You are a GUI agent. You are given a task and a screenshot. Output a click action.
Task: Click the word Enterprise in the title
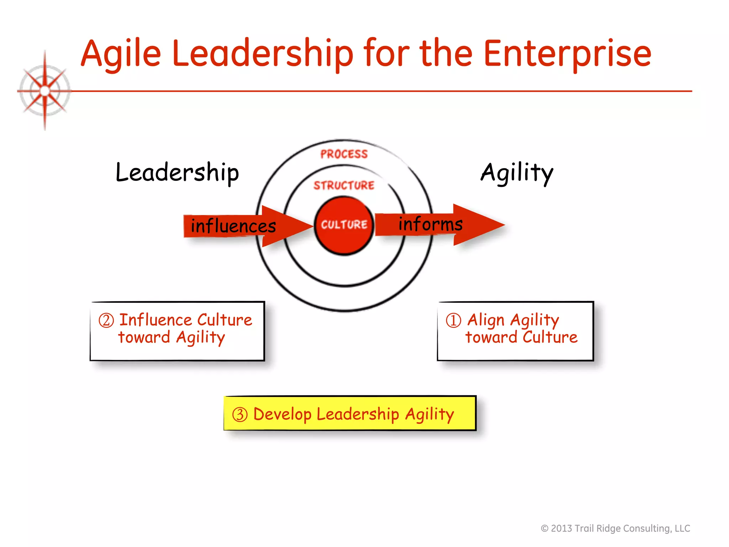[567, 54]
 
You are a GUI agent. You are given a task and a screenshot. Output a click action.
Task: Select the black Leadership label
[177, 173]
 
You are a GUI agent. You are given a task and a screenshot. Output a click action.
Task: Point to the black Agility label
[517, 173]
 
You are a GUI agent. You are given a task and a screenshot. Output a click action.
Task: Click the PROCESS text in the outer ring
[344, 154]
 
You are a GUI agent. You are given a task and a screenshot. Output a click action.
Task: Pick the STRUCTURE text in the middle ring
[344, 186]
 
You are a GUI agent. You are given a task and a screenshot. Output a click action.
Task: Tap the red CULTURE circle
[344, 225]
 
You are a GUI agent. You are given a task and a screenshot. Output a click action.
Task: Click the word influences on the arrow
[233, 226]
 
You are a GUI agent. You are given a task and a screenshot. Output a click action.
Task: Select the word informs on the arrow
[430, 224]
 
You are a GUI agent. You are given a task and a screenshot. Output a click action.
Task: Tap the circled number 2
[106, 321]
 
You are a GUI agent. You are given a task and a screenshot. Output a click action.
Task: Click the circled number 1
[453, 320]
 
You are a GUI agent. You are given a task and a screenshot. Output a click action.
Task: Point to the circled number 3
[240, 415]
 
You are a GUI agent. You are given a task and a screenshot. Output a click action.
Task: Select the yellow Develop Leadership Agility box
[350, 413]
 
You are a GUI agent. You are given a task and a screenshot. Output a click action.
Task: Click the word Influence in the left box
[155, 320]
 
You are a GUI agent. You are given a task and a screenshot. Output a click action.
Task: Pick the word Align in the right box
[486, 320]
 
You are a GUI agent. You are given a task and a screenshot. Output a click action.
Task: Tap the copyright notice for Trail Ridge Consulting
[615, 528]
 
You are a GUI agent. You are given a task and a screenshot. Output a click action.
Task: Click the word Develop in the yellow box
[282, 414]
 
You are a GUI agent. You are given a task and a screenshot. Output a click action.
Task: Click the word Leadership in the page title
[263, 54]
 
